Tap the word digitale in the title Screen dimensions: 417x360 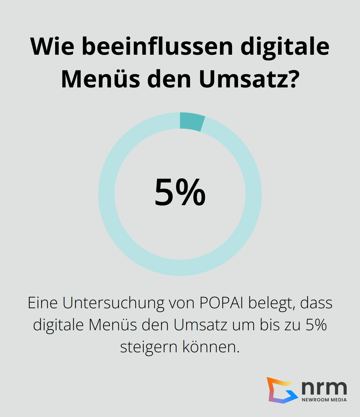(285, 46)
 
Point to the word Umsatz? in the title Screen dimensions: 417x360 (249, 79)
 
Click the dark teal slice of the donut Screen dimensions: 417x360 (192, 121)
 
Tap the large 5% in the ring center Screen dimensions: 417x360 (180, 192)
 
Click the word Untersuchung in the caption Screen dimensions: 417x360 (113, 303)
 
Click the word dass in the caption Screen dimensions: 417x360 (316, 303)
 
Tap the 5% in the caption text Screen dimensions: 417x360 (316, 325)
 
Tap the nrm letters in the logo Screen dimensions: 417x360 (324, 387)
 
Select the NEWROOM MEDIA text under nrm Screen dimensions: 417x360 (324, 400)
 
